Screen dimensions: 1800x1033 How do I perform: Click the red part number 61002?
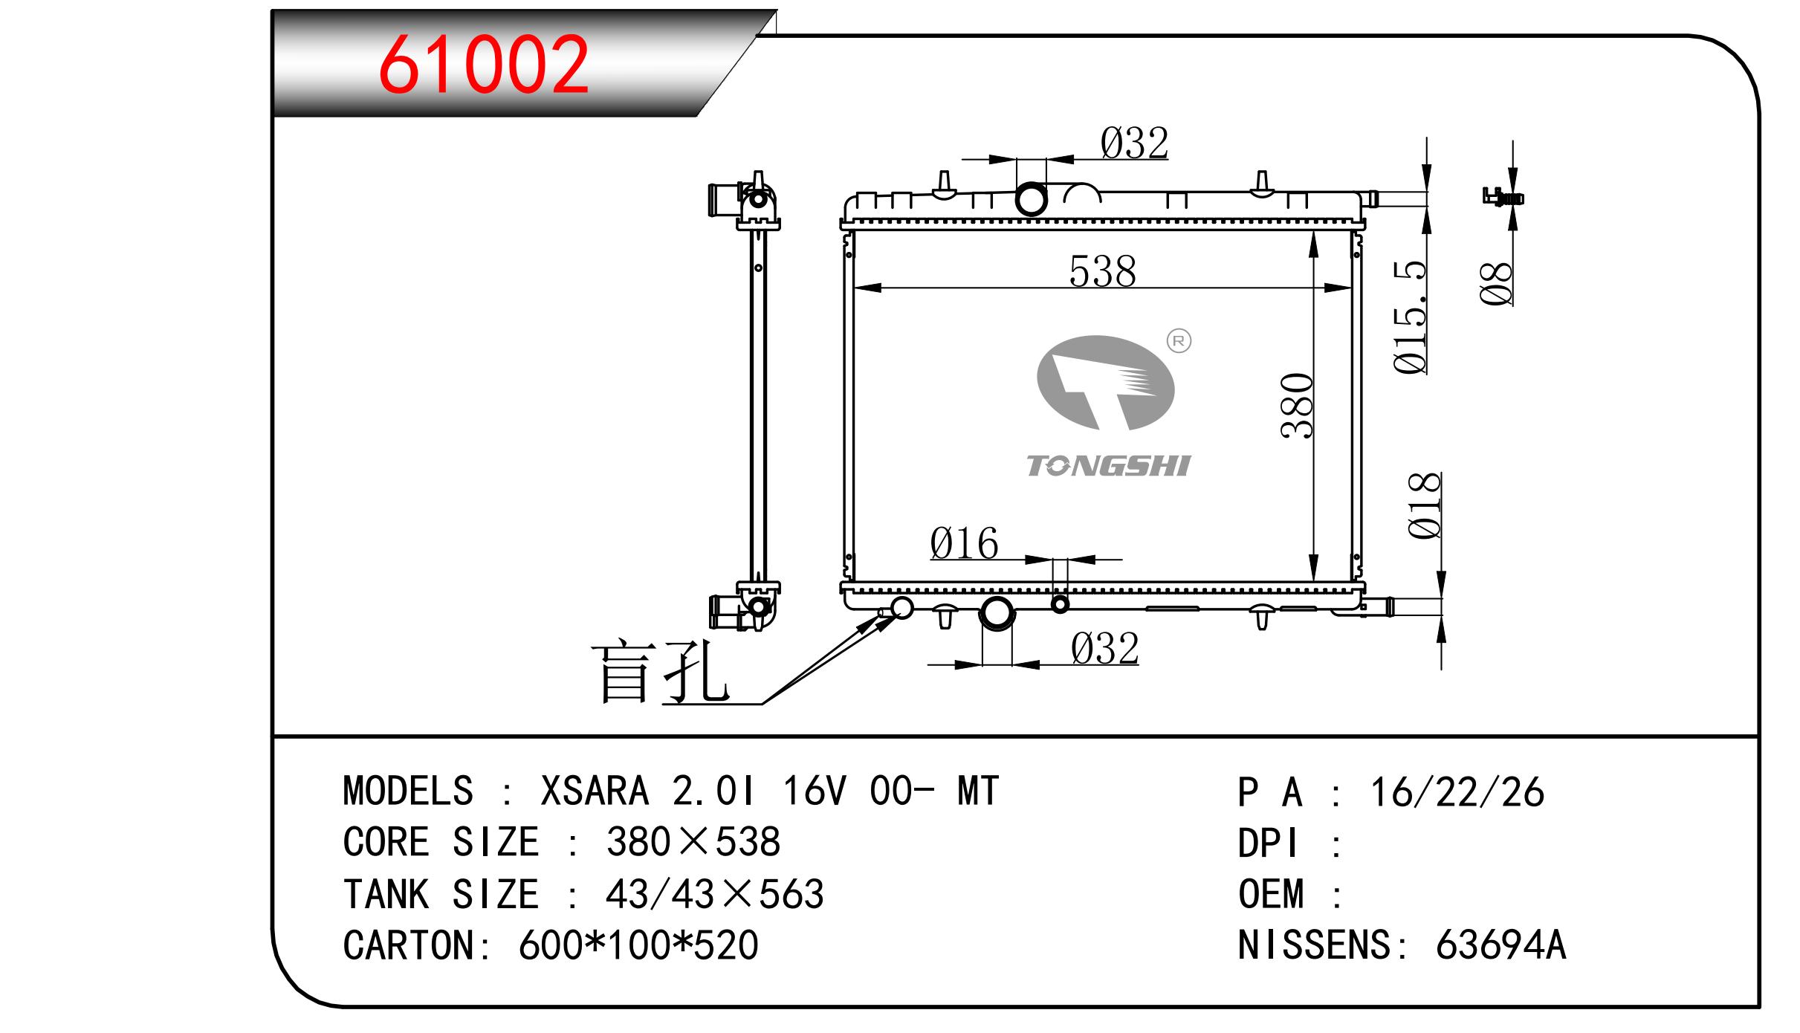pos(484,65)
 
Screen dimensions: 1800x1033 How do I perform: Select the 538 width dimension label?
pos(1103,271)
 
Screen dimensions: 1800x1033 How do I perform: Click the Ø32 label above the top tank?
pos(1134,143)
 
